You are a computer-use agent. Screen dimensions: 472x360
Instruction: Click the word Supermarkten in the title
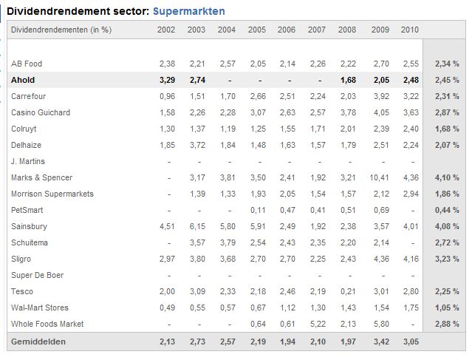click(x=189, y=11)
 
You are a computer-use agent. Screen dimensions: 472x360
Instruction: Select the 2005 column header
click(x=257, y=30)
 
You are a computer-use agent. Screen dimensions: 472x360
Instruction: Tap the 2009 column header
click(x=380, y=30)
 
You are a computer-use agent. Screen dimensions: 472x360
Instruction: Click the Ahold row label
click(x=23, y=80)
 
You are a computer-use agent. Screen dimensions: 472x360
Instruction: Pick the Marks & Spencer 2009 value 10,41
click(x=379, y=177)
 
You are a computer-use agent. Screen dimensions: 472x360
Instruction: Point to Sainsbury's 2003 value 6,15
click(x=197, y=226)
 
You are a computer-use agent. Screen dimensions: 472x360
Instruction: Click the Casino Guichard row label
click(x=41, y=112)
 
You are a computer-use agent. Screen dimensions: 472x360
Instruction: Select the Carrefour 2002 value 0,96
click(x=168, y=96)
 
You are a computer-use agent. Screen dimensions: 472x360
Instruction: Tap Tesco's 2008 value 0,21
click(x=349, y=291)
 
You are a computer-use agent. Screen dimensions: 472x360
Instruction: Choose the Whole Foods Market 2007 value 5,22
click(x=318, y=325)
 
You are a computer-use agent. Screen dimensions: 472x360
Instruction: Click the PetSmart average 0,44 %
click(x=447, y=210)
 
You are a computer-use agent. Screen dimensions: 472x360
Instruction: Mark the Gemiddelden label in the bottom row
click(x=38, y=342)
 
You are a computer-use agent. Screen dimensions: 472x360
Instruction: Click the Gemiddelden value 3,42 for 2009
click(x=381, y=342)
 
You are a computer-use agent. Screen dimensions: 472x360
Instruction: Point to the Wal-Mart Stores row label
click(x=40, y=308)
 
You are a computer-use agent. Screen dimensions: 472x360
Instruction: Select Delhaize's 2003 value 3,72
click(x=197, y=145)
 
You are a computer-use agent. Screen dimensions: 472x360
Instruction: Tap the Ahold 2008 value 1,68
click(x=349, y=80)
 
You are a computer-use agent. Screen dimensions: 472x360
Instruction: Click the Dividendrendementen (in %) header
click(x=61, y=30)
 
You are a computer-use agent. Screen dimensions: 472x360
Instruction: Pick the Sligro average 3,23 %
click(x=447, y=259)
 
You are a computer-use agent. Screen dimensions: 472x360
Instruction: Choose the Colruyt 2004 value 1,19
click(x=228, y=129)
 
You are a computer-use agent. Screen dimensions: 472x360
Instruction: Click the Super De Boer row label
click(x=38, y=275)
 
